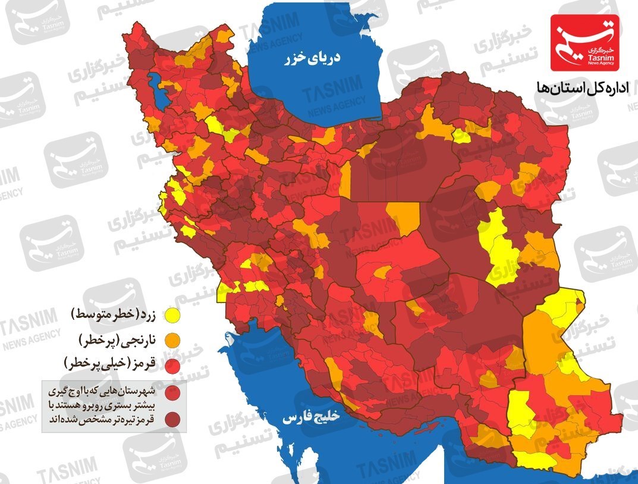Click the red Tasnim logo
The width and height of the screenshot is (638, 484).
tap(584, 43)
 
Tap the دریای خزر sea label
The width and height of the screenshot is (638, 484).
tap(312, 58)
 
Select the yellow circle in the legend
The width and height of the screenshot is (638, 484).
tap(173, 314)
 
